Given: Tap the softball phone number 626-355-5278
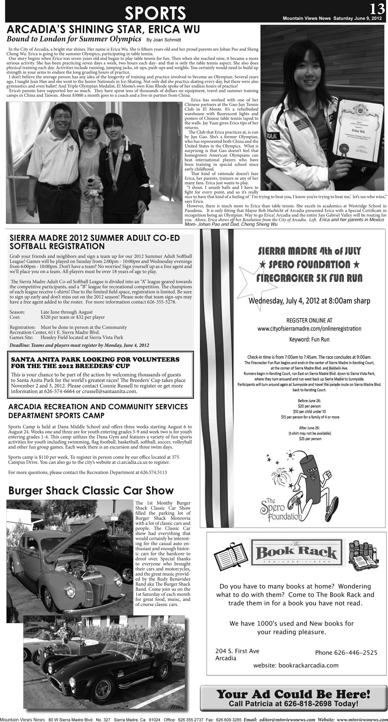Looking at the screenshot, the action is coord(162,302).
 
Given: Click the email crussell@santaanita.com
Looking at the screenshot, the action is coord(111,391).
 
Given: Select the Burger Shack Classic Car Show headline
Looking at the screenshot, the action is coord(91,491).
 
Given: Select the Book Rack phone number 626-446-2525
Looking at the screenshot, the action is coord(346,653).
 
